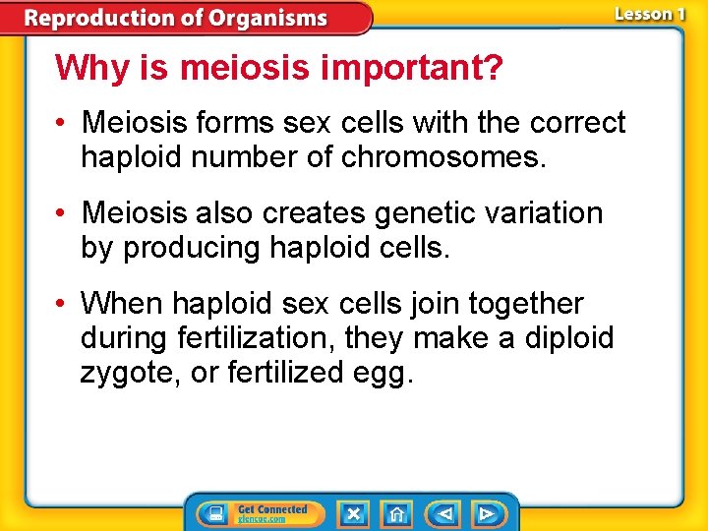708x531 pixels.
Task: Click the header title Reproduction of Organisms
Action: click(176, 18)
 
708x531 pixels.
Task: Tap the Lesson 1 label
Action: click(649, 14)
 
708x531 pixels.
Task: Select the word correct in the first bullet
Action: click(577, 123)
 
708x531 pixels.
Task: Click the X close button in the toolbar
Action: click(353, 513)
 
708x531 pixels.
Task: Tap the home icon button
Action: click(396, 513)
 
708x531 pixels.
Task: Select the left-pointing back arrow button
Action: click(444, 513)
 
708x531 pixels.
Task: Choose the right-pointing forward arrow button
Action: click(486, 513)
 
